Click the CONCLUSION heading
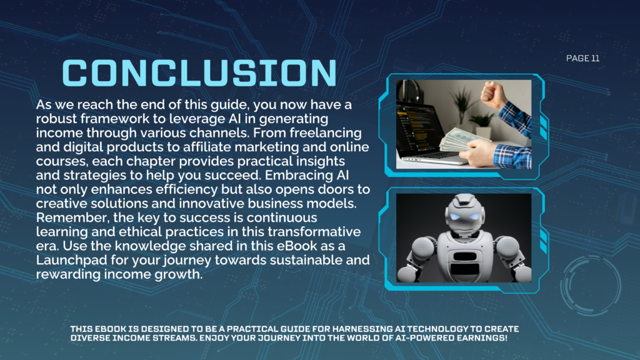tap(199, 73)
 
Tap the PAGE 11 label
tap(583, 58)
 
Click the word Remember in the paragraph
tap(73, 217)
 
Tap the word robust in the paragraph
tap(56, 119)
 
